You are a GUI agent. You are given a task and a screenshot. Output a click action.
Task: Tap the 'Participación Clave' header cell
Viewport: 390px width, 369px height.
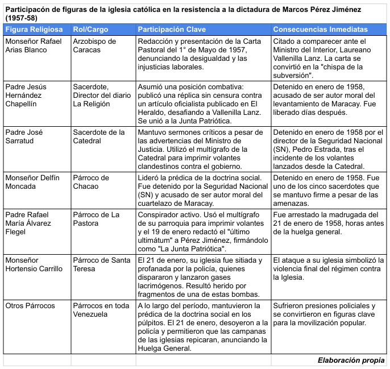coord(172,30)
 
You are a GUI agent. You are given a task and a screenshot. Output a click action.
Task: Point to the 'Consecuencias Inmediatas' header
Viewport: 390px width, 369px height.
coord(320,30)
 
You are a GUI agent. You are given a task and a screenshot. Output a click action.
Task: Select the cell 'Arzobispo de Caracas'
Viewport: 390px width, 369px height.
coord(94,46)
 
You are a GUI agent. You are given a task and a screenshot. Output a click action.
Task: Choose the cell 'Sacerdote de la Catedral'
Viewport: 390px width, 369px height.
coord(99,136)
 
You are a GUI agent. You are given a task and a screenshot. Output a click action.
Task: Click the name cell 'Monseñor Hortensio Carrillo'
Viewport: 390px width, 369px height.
coord(36,264)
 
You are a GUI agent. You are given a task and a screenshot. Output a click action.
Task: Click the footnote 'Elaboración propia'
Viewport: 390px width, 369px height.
coord(351,360)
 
